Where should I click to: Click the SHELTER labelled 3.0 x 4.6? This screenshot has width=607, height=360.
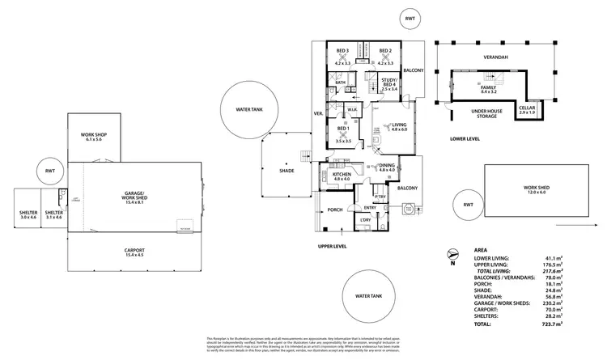click(x=28, y=214)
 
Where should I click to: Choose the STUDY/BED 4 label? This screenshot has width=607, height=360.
click(x=389, y=83)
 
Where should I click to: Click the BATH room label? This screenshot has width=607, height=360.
click(x=341, y=82)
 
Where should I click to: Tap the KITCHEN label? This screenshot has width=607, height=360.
click(x=341, y=176)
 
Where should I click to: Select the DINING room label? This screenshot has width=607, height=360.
click(x=387, y=167)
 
